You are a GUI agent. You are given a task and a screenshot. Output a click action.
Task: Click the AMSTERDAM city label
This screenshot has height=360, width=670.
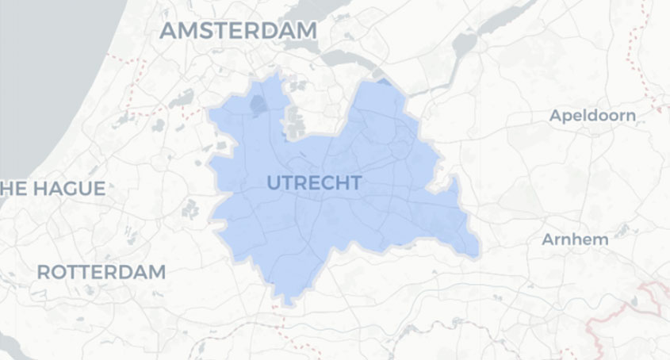(238, 31)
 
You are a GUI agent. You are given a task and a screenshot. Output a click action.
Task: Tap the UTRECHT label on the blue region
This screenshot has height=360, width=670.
(314, 183)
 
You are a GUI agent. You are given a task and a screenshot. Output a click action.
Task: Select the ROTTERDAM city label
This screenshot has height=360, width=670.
(101, 272)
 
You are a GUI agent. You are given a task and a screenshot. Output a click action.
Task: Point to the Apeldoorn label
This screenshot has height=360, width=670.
(592, 116)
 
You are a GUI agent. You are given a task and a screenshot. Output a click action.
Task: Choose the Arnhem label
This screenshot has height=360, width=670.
(574, 239)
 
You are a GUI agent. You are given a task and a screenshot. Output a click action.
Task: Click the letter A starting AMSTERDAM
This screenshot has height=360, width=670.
(170, 31)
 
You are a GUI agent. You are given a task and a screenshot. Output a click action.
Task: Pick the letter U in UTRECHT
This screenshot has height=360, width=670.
(274, 183)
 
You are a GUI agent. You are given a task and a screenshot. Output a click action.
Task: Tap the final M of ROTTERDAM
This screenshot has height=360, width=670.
(157, 272)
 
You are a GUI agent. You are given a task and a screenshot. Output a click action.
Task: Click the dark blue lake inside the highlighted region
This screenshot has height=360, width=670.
(259, 105)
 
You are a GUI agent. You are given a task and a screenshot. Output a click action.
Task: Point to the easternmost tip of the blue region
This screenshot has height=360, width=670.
(479, 252)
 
